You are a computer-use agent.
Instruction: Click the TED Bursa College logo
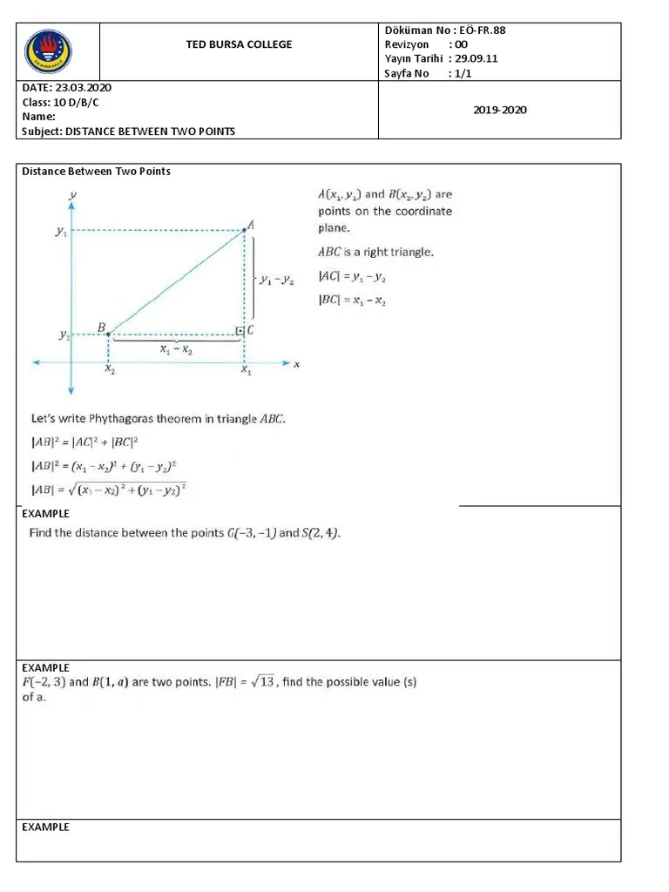pos(49,52)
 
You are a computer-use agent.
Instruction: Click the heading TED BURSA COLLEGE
pos(240,44)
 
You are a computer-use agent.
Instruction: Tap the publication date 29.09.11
pos(474,58)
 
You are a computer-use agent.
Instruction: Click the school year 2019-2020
pos(500,110)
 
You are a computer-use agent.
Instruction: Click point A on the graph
pos(244,230)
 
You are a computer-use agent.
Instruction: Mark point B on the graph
pos(107,334)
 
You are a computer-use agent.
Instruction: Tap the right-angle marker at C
pos(240,331)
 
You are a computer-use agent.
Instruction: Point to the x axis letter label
pos(296,364)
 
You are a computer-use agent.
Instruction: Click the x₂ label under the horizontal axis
pos(109,370)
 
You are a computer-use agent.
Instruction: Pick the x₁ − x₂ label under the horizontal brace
pos(177,349)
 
